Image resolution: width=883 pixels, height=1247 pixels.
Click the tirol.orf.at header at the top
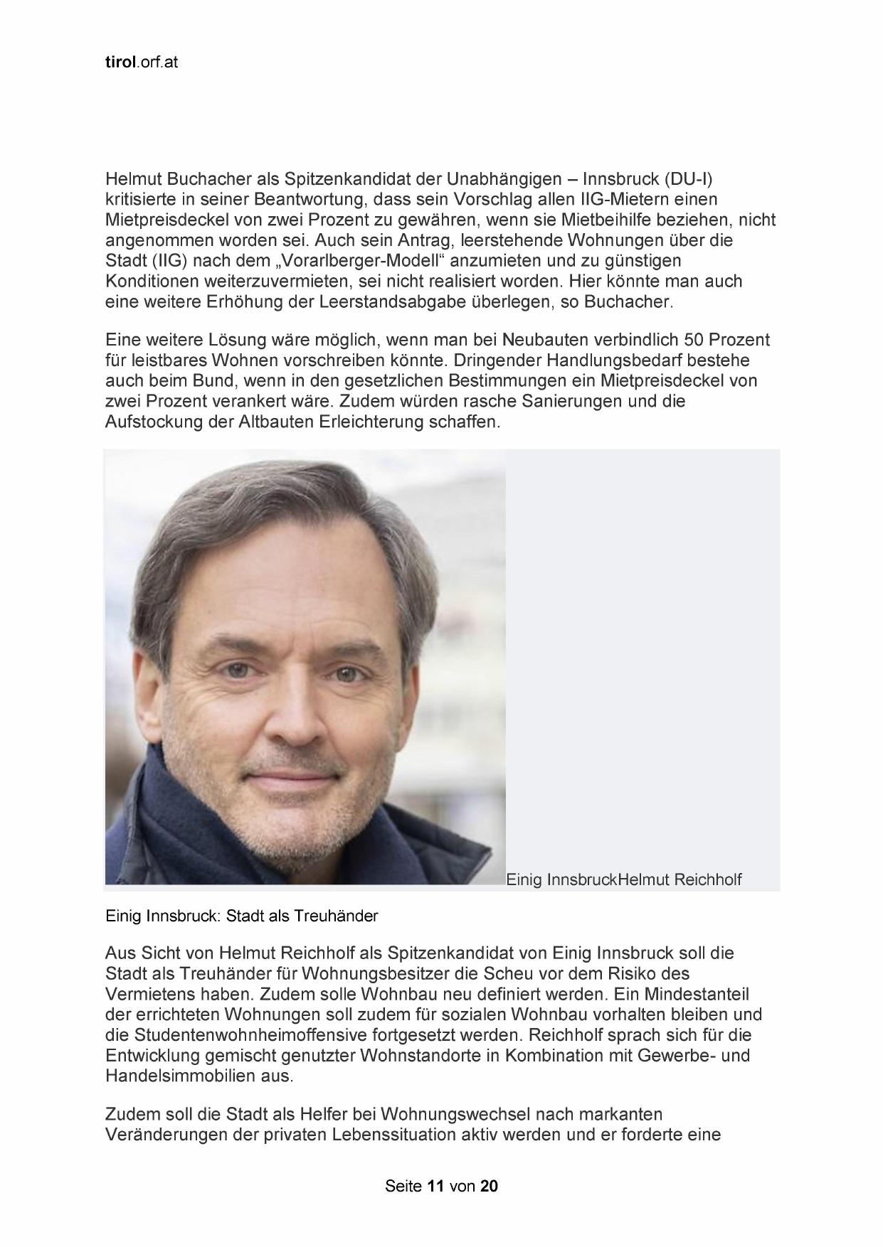pos(141,62)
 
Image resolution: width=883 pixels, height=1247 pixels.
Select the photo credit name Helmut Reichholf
pos(680,879)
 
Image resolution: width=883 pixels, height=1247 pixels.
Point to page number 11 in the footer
pos(435,1186)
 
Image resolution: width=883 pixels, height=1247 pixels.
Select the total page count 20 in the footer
pos(489,1186)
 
